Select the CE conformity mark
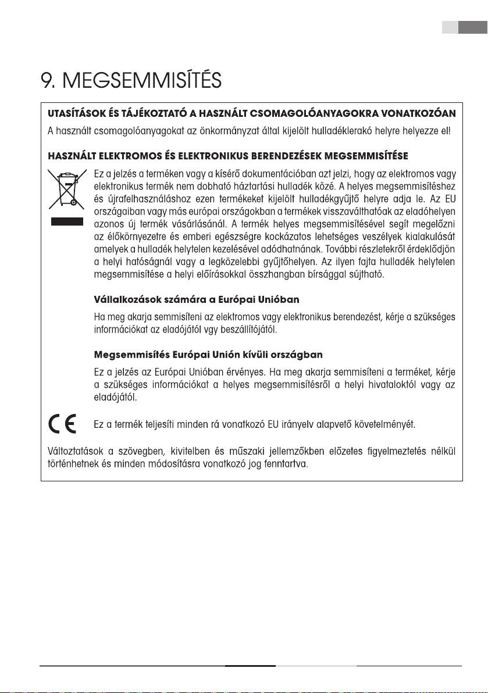62,425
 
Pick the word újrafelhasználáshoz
139,199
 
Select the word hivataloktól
407,385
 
